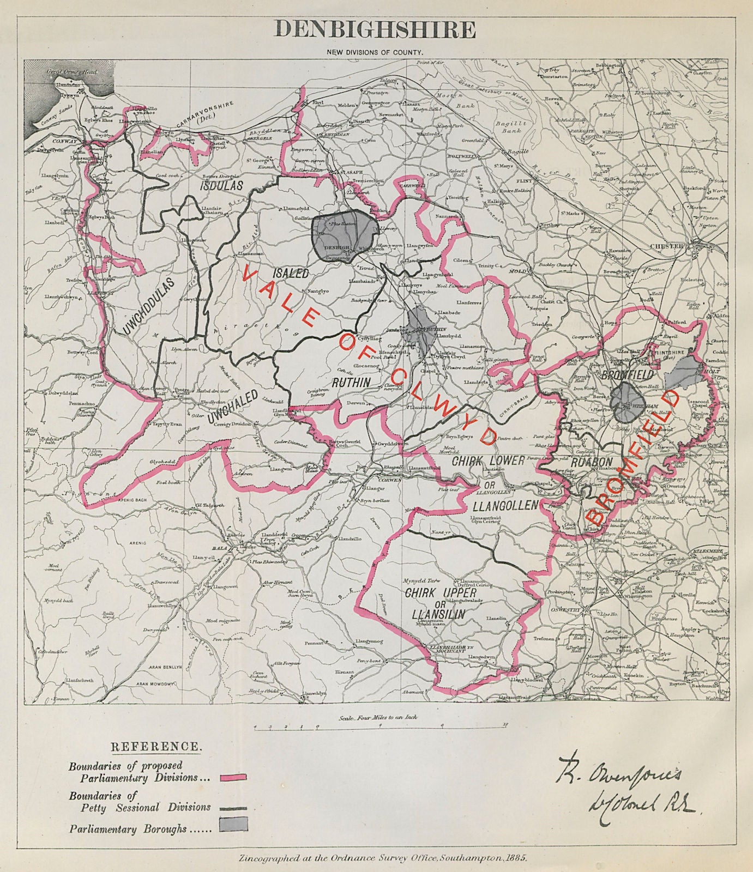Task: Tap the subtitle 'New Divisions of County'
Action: (376, 52)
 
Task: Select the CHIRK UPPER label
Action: (441, 592)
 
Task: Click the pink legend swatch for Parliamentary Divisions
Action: (233, 777)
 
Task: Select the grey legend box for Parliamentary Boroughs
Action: (233, 824)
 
